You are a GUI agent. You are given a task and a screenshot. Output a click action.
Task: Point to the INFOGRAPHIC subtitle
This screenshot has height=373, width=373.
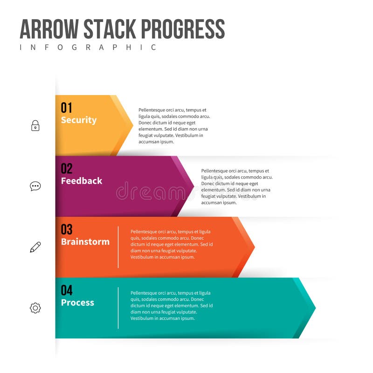point(88,48)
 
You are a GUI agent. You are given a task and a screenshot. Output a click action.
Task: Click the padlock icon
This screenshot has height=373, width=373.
point(35,125)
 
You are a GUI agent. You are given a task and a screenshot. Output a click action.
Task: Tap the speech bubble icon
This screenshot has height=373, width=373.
point(35,186)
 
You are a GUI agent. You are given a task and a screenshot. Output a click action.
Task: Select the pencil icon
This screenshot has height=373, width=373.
point(35,247)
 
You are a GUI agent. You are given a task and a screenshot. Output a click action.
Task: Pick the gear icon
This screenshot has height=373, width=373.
point(35,308)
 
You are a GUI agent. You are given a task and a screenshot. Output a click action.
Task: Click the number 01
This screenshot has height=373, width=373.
point(67,108)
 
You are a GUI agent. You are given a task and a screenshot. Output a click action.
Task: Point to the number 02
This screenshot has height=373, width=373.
point(67,168)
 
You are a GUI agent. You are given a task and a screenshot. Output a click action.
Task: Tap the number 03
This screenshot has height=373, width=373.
point(67,229)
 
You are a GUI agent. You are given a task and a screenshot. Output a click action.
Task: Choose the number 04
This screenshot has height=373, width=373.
point(67,290)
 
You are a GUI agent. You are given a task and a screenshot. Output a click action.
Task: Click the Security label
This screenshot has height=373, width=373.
point(79,120)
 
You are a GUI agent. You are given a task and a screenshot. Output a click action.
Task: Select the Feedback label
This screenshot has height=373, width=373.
point(82,181)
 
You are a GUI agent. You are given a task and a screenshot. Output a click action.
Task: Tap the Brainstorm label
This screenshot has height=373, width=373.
point(85,242)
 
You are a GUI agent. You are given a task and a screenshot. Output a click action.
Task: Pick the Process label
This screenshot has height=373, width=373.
point(77,303)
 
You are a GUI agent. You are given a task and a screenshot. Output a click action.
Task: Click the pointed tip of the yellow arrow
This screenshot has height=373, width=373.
point(132,125)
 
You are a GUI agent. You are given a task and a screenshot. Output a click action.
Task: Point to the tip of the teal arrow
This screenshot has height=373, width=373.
point(315,308)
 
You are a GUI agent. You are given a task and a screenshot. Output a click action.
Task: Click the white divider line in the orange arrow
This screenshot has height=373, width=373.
point(118,247)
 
